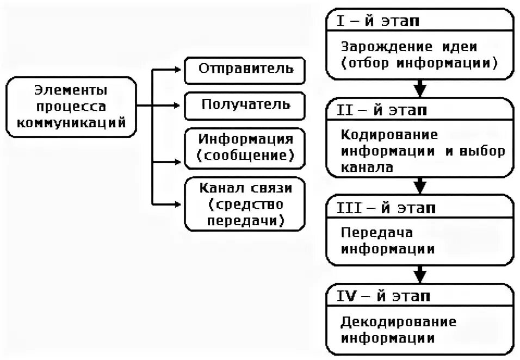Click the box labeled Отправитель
coord(246,70)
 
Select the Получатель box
coord(246,104)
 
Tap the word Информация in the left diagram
coord(246,139)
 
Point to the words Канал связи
coord(246,188)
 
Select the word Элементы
coord(71,89)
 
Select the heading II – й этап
coord(384,110)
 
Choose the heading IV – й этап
coord(385,296)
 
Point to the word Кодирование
coord(389,134)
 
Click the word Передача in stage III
coord(377,233)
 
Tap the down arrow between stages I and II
coord(419,88)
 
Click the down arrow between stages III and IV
coord(419,273)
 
